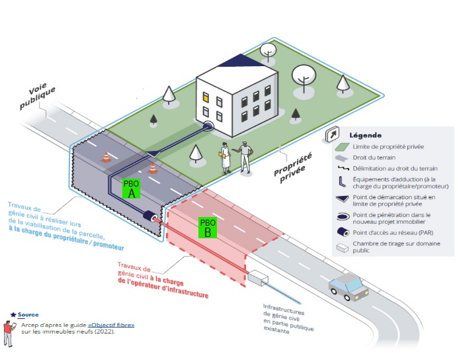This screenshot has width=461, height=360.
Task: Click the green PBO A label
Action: click(x=131, y=189)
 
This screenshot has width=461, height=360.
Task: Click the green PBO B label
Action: click(x=208, y=228)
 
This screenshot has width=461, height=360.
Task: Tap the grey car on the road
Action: click(x=349, y=286)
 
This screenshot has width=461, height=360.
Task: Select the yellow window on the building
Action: click(x=206, y=97)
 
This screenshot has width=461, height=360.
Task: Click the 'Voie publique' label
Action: click(x=37, y=95)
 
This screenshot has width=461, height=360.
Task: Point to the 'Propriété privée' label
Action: click(x=293, y=167)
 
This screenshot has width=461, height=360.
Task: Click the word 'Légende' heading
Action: click(x=366, y=135)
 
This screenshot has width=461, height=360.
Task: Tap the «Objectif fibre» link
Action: click(x=111, y=325)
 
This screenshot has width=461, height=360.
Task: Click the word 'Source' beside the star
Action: click(x=28, y=314)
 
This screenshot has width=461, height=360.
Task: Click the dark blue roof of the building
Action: click(x=241, y=60)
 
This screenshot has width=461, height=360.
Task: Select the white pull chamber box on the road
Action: click(x=257, y=277)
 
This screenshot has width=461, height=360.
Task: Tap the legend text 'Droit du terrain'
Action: click(x=374, y=157)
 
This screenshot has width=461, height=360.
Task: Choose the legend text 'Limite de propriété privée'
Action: click(x=388, y=146)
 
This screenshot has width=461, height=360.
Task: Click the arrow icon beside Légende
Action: click(x=333, y=134)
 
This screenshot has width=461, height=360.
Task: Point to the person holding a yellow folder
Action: click(x=225, y=158)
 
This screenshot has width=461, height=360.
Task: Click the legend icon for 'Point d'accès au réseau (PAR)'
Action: click(x=343, y=232)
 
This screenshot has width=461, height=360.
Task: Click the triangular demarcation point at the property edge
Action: click(x=153, y=154)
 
